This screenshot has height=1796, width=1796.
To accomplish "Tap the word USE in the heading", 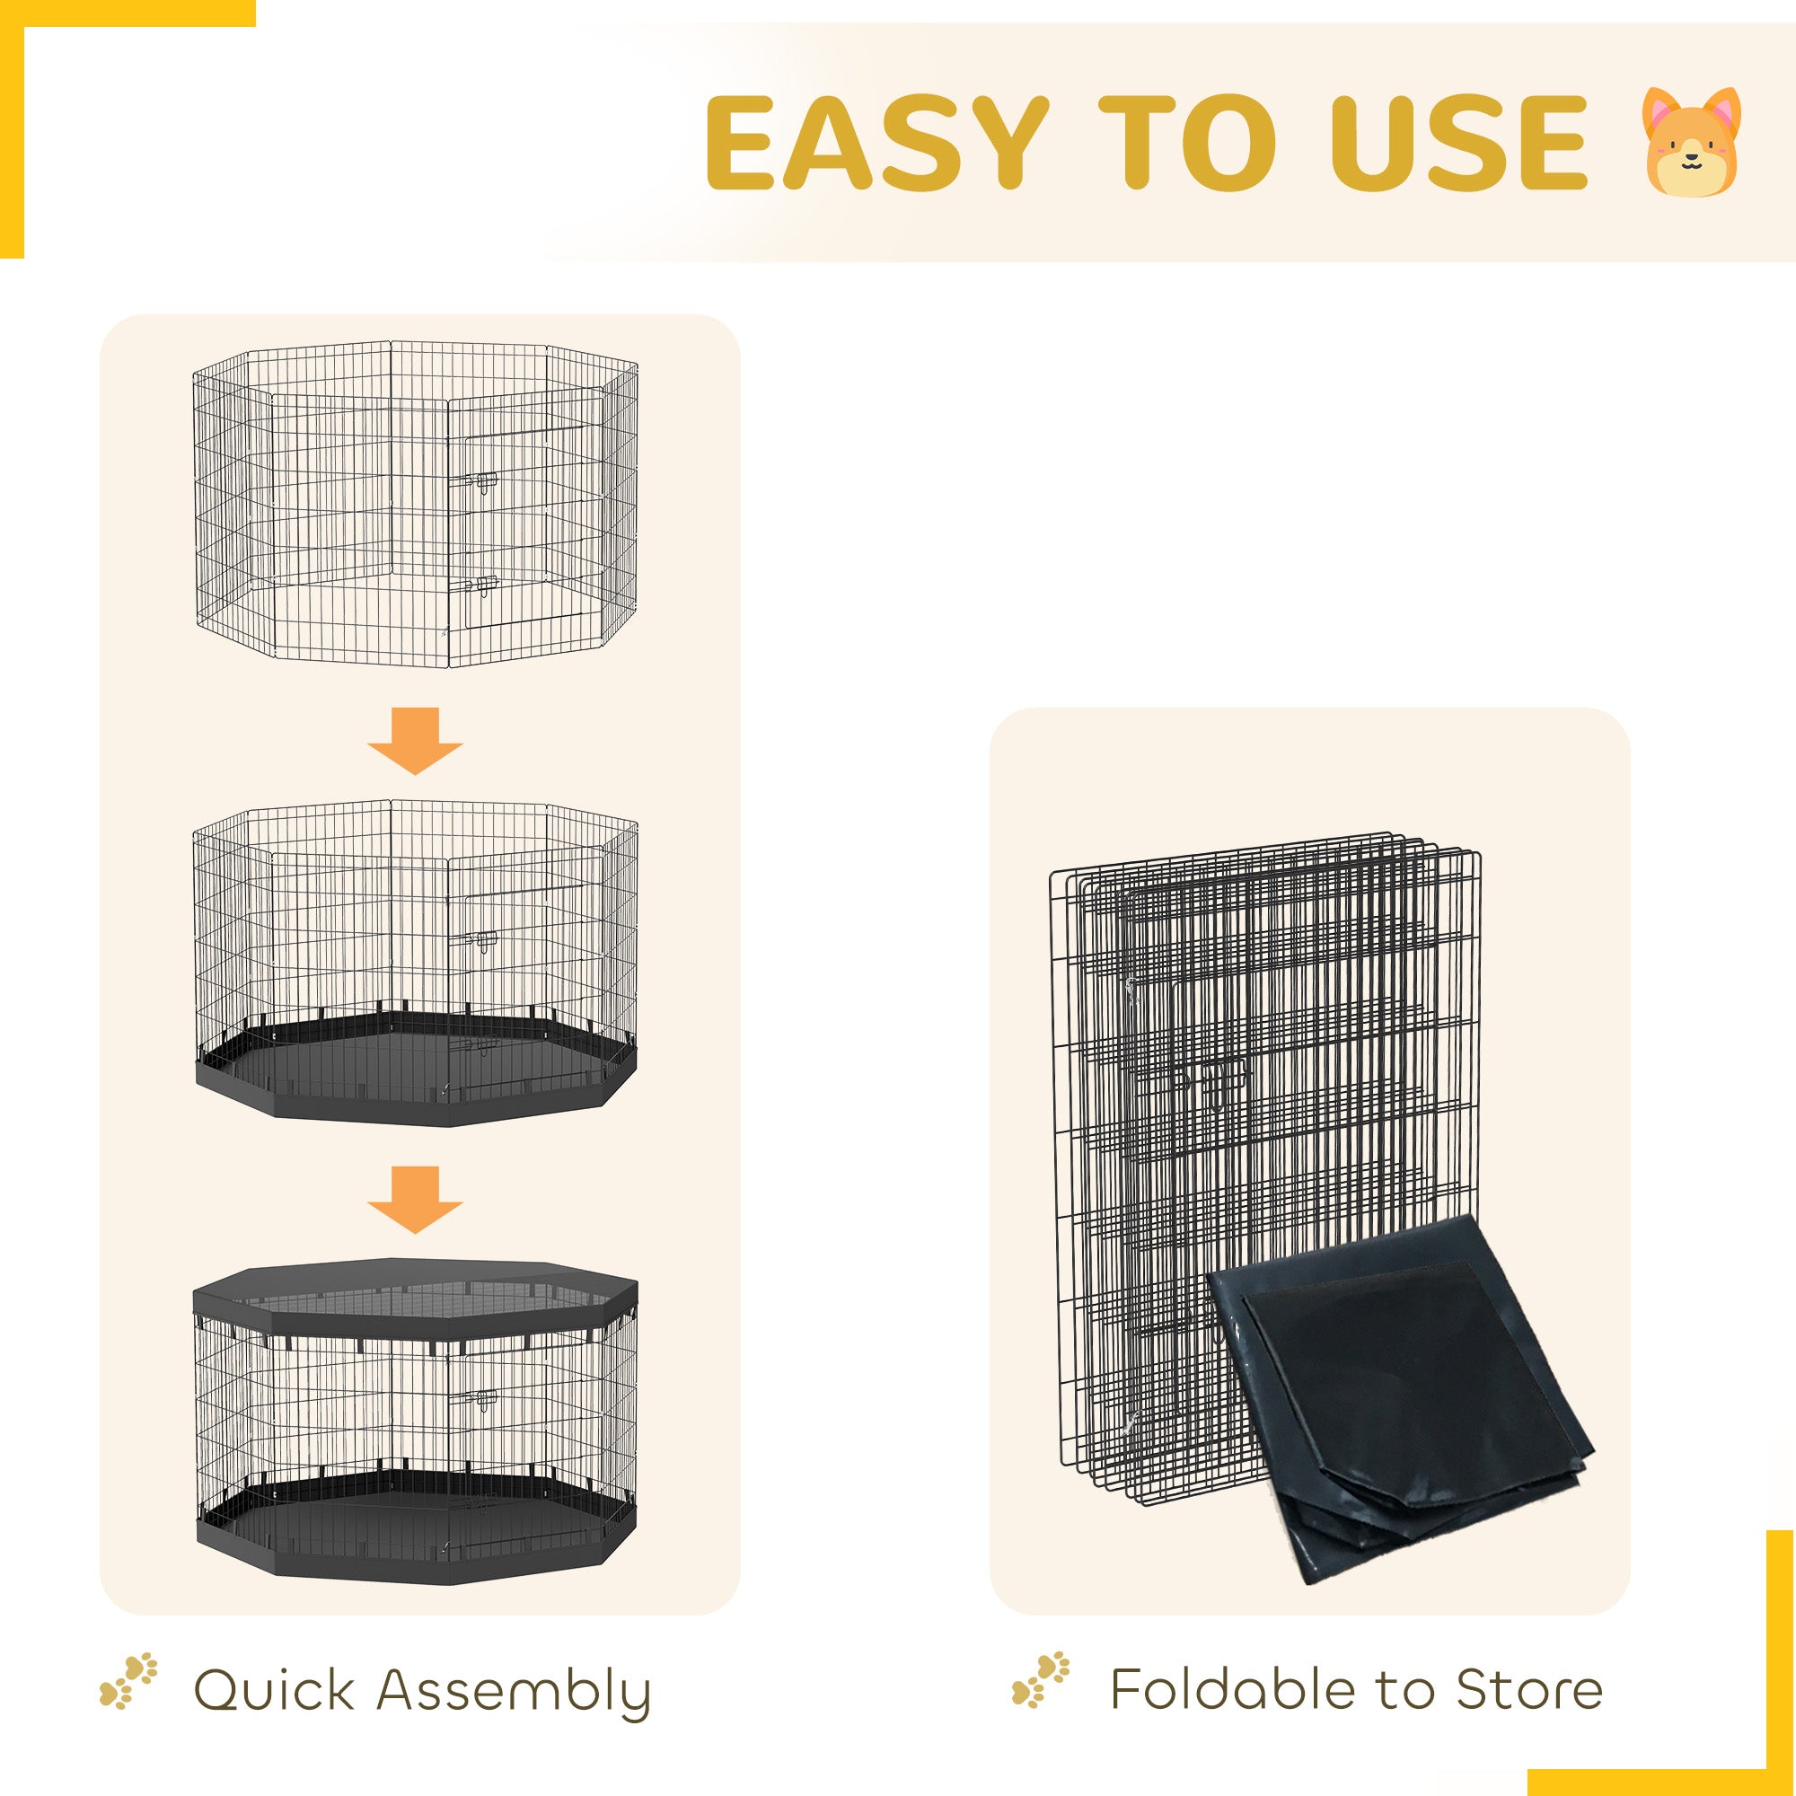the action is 1457,142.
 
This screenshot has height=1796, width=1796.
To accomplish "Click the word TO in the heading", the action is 1187,142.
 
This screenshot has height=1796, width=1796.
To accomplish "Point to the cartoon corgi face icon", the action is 1690,142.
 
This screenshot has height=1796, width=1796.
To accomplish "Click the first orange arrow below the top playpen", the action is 415,741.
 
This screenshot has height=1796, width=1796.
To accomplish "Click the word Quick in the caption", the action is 273,1689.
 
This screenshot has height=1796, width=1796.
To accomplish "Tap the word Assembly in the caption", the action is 513,1693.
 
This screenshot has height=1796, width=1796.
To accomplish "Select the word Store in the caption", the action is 1528,1689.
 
